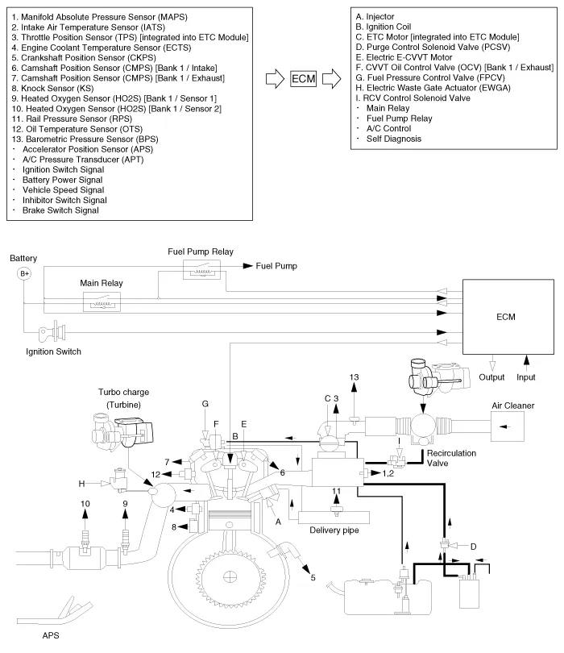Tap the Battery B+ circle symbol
(x=24, y=274)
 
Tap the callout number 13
(x=354, y=378)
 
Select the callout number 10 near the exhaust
(x=84, y=504)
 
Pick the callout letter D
(x=473, y=547)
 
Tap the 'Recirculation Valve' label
(x=450, y=459)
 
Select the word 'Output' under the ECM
(x=493, y=376)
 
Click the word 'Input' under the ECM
(x=526, y=376)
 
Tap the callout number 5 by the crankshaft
(x=312, y=577)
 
